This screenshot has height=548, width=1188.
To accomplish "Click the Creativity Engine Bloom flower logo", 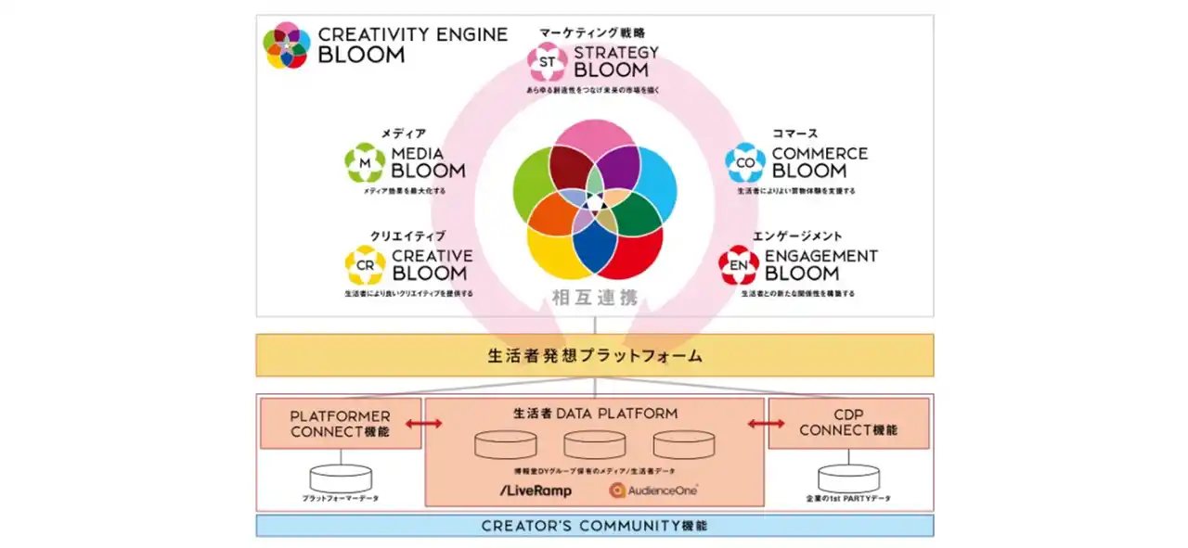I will point(286,45).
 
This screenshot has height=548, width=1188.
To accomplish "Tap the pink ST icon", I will point(547,61).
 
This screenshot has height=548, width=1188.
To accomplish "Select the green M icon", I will point(365,162).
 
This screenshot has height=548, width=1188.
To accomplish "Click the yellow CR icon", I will point(365,265).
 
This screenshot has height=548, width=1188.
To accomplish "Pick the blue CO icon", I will point(745,162).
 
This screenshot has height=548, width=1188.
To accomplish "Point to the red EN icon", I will point(740,265).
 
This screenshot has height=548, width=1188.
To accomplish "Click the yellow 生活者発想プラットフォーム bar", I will point(595,355).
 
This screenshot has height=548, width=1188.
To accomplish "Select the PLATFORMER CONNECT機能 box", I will point(341,424).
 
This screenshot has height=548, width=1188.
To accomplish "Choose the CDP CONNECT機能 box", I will point(848,424).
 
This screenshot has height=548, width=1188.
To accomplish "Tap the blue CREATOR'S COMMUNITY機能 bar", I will point(595,526).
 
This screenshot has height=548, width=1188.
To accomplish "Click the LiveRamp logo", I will point(535,490).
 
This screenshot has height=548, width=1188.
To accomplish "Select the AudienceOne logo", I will point(653,490).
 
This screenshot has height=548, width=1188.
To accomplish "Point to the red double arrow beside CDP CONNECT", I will point(767,424).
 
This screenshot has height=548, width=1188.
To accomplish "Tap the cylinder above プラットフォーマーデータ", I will point(341,478).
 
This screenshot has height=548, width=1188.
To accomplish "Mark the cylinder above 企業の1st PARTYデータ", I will point(848,478).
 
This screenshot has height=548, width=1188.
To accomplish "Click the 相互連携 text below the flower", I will point(594,299).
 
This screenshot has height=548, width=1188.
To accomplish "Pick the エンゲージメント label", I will point(797,236).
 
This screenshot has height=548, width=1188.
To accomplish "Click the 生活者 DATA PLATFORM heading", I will point(595,414).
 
